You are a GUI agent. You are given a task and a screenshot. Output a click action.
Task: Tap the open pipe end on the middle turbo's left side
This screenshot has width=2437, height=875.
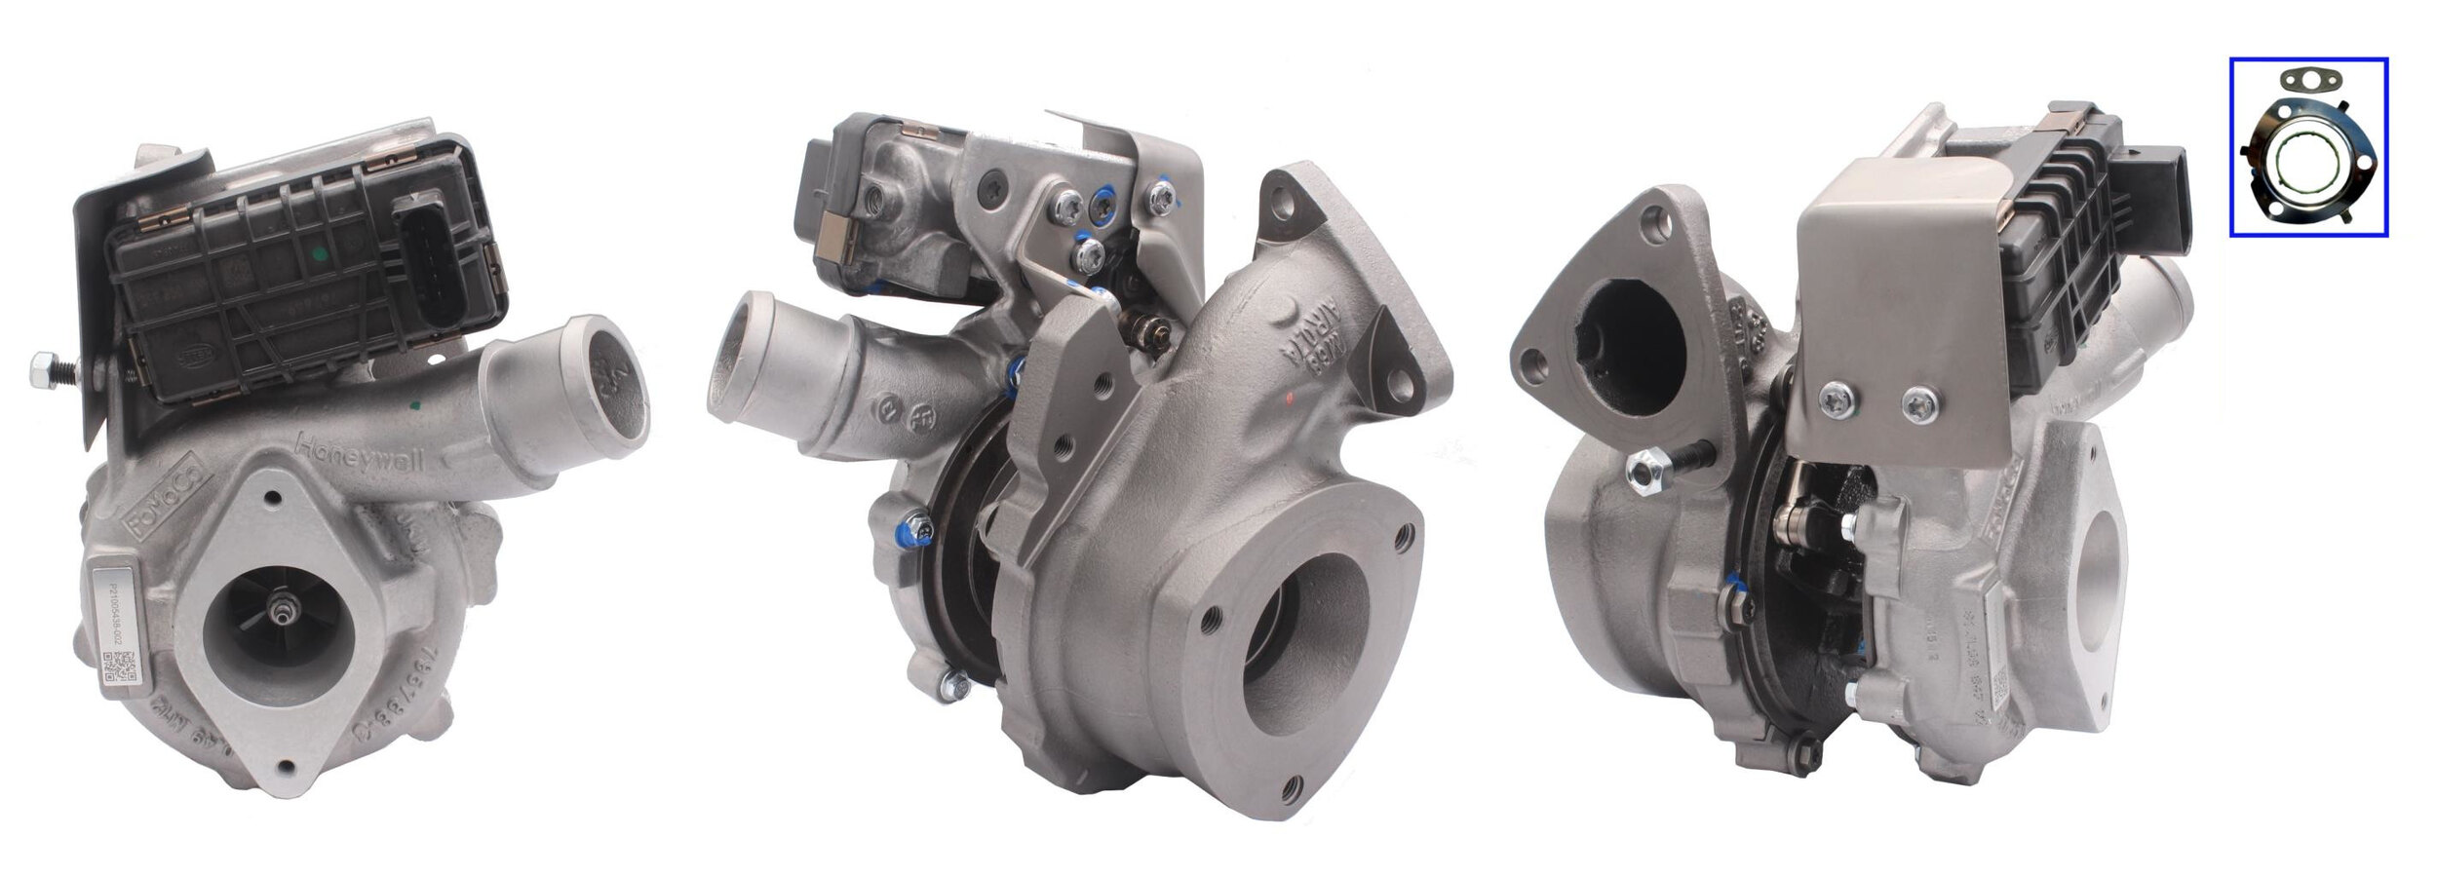(747, 349)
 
